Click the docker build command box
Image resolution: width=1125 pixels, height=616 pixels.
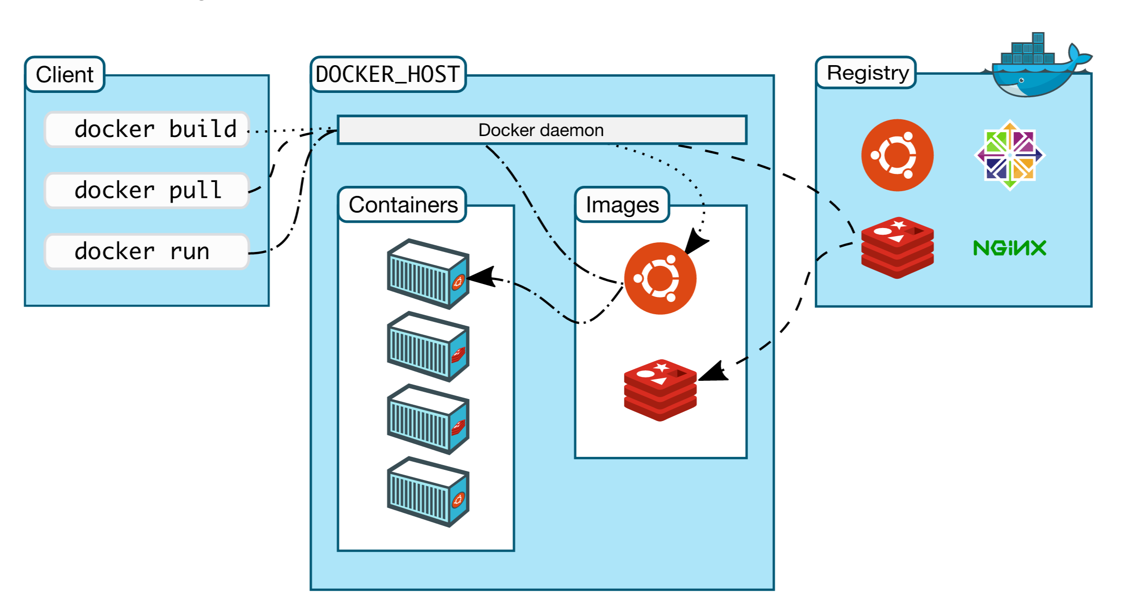[x=147, y=129]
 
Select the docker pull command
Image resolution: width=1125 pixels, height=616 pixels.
[x=147, y=190]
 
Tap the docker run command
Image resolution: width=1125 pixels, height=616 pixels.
[x=147, y=251]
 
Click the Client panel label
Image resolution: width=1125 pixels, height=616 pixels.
[x=65, y=74]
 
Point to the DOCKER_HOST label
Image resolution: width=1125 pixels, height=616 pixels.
[x=388, y=74]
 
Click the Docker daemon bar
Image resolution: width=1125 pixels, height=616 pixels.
[x=541, y=130]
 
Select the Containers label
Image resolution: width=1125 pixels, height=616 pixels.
[x=402, y=205]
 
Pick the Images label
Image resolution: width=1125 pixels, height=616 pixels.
[x=622, y=205]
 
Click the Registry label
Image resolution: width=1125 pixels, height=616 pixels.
[x=867, y=73]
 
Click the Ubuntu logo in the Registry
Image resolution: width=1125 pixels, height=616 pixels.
[x=897, y=155]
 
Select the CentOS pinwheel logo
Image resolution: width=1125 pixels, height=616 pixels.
[x=1010, y=155]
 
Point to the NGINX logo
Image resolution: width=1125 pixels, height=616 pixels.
[x=1010, y=248]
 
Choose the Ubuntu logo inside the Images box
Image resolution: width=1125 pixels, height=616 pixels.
[x=660, y=278]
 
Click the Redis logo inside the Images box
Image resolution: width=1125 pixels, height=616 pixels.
[x=660, y=390]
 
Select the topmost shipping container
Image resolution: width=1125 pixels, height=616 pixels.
[x=428, y=274]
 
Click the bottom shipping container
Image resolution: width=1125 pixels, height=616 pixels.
[x=428, y=492]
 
